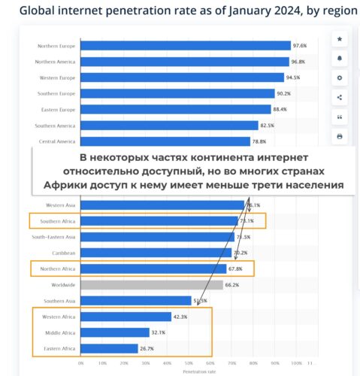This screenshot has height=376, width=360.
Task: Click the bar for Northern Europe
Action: click(x=185, y=45)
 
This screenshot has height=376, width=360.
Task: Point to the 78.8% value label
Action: click(x=259, y=141)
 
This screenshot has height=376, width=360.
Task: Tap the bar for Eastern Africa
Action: click(x=110, y=348)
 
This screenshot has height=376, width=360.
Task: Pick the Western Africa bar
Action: click(x=126, y=317)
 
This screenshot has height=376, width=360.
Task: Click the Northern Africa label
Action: click(x=56, y=268)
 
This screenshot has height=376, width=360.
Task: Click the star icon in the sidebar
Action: click(x=339, y=38)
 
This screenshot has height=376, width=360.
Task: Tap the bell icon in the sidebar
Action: click(x=339, y=58)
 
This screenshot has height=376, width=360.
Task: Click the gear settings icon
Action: click(x=339, y=77)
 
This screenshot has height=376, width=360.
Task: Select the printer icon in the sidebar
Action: click(x=339, y=136)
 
